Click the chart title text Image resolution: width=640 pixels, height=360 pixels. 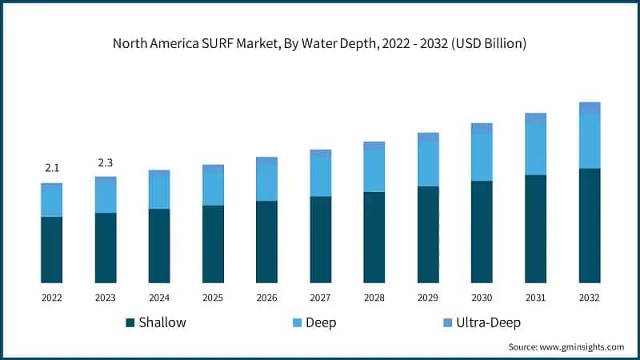(320, 45)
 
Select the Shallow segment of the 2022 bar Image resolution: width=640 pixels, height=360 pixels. (52, 250)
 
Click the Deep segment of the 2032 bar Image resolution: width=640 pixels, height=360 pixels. (589, 141)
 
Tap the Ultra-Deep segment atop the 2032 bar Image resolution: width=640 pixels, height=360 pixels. (589, 108)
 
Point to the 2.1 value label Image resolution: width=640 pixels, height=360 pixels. (52, 168)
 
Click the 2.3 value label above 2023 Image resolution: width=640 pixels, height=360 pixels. (106, 163)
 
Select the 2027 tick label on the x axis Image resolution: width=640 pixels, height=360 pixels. (320, 297)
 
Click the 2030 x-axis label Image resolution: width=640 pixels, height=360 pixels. (482, 297)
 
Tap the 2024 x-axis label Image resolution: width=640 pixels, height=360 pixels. (159, 297)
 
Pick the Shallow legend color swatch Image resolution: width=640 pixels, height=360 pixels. (130, 323)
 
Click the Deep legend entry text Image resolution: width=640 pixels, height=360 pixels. (320, 323)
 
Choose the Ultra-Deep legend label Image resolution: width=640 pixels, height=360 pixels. (488, 323)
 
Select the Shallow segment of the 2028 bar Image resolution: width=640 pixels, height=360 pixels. (374, 237)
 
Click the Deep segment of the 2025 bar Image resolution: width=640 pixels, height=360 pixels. (213, 189)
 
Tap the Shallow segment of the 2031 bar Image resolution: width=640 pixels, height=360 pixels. (535, 229)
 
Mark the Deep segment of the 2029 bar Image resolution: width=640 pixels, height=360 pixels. (428, 163)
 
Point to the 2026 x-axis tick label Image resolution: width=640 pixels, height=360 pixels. (266, 297)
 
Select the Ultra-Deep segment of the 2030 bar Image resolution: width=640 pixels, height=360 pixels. (482, 128)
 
